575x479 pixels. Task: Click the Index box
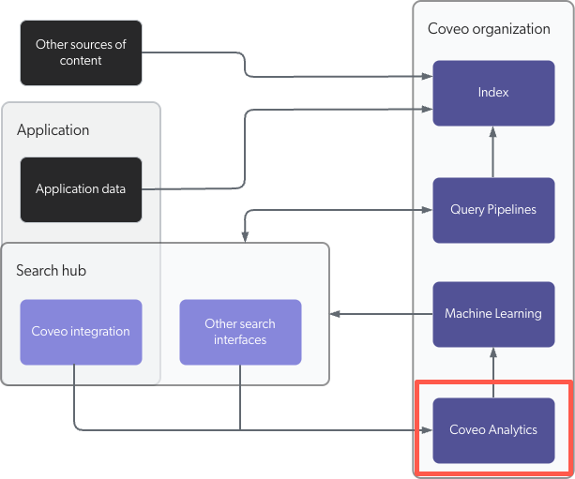pyautogui.click(x=493, y=93)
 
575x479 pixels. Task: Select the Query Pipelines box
pyautogui.click(x=493, y=209)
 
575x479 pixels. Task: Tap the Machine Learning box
pyautogui.click(x=493, y=313)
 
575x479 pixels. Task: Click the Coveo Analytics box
pyautogui.click(x=493, y=430)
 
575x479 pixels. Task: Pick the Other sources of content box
pyautogui.click(x=81, y=52)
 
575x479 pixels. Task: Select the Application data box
pyautogui.click(x=81, y=189)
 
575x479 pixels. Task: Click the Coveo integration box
pyautogui.click(x=81, y=332)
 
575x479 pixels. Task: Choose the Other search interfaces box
pyautogui.click(x=240, y=332)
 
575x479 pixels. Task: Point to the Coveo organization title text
pyautogui.click(x=489, y=28)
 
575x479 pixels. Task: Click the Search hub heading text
pyautogui.click(x=51, y=271)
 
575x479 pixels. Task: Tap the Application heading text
pyautogui.click(x=53, y=129)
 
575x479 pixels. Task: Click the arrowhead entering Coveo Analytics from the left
pyautogui.click(x=426, y=430)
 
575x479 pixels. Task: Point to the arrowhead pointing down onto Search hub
pyautogui.click(x=246, y=237)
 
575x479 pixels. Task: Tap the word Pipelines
pyautogui.click(x=511, y=209)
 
